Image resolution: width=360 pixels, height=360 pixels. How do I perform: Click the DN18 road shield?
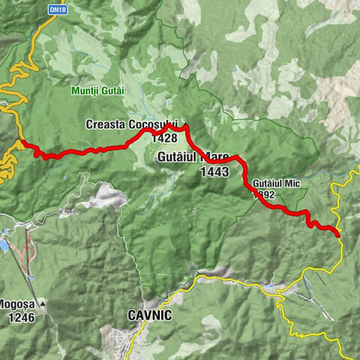pos(53,9)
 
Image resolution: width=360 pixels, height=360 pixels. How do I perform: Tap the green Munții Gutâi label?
pos(98,91)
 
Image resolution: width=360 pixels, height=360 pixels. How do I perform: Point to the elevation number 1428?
pos(163,138)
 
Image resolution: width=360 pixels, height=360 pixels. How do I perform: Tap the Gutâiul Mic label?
pos(271,183)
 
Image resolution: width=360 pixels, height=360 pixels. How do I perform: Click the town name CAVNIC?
pos(150,316)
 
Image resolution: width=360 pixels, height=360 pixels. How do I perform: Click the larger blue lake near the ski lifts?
pos(4,244)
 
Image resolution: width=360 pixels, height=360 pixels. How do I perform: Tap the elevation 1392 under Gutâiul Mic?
pos(264,194)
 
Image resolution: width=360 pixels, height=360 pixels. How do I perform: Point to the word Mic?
pos(289,183)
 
